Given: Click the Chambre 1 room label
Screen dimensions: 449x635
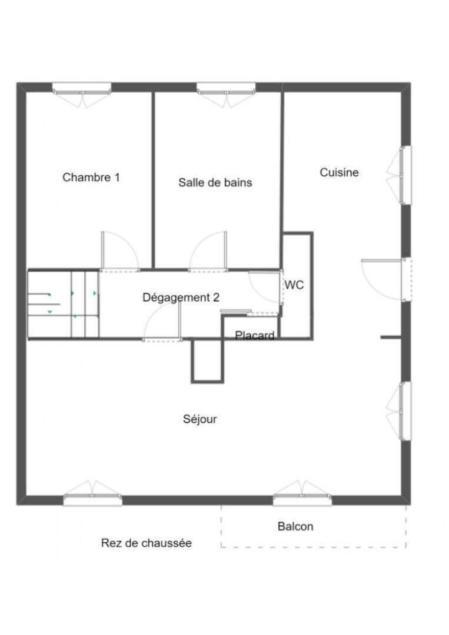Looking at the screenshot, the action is [91, 178].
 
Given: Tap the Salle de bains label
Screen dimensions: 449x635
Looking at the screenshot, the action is [215, 183].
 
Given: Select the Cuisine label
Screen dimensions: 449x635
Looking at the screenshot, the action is [339, 172].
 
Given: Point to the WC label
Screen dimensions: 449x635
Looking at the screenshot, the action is [294, 285].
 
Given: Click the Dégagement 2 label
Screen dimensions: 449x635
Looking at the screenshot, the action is [181, 298].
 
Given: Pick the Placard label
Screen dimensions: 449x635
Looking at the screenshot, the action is [255, 335].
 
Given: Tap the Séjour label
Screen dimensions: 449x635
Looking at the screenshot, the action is [199, 419].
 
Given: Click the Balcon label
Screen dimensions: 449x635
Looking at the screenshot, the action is [295, 526].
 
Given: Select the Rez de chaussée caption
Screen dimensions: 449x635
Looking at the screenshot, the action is [147, 543].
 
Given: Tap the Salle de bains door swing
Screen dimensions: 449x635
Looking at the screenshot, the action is [208, 251].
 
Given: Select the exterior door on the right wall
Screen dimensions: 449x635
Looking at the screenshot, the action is [387, 279].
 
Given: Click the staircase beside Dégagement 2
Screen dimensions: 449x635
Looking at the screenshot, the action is [63, 304].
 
